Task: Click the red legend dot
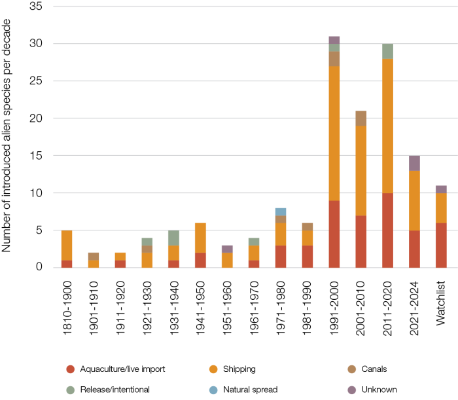point(71,369)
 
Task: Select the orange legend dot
point(213,369)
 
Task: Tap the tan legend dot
point(352,369)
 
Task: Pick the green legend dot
point(71,390)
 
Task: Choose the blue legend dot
point(213,390)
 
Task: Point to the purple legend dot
point(352,390)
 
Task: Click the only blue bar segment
point(281,211)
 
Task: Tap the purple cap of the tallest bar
point(334,40)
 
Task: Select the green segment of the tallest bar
point(334,48)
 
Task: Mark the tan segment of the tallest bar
point(334,59)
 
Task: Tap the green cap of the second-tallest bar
point(388,51)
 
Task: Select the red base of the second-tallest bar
point(388,230)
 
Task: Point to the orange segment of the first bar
point(67,245)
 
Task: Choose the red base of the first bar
point(67,264)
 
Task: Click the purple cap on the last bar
point(441,189)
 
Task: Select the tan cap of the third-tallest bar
point(361,118)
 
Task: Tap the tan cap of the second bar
point(94,256)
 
